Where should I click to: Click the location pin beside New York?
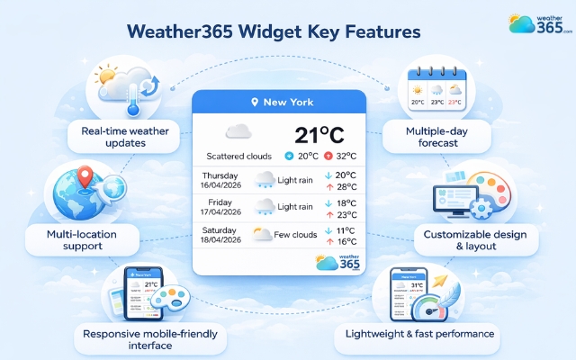255,103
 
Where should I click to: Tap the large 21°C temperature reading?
319,135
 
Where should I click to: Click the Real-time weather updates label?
124,138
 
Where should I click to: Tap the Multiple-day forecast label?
438,138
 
